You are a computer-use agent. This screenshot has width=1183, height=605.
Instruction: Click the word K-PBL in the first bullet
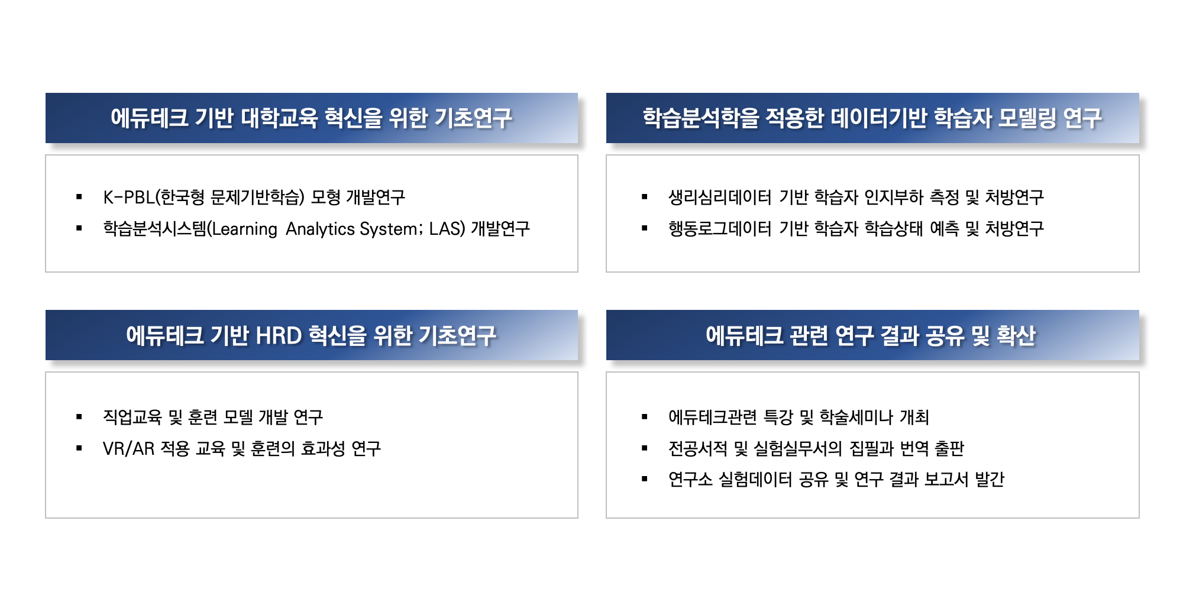[x=128, y=197]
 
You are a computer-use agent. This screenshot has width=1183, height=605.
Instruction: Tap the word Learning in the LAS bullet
[x=245, y=229]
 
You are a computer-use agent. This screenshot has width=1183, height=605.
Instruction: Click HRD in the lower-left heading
[x=279, y=335]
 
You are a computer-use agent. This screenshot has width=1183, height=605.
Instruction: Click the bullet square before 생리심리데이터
[x=645, y=197]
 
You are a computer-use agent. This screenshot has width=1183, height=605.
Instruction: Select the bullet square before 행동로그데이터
[x=645, y=228]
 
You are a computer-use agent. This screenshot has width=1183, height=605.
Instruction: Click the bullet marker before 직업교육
[x=79, y=417]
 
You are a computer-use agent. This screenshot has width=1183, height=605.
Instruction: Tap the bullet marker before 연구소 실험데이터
[x=645, y=479]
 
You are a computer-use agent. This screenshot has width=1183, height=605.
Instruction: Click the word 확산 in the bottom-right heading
[x=1016, y=335]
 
